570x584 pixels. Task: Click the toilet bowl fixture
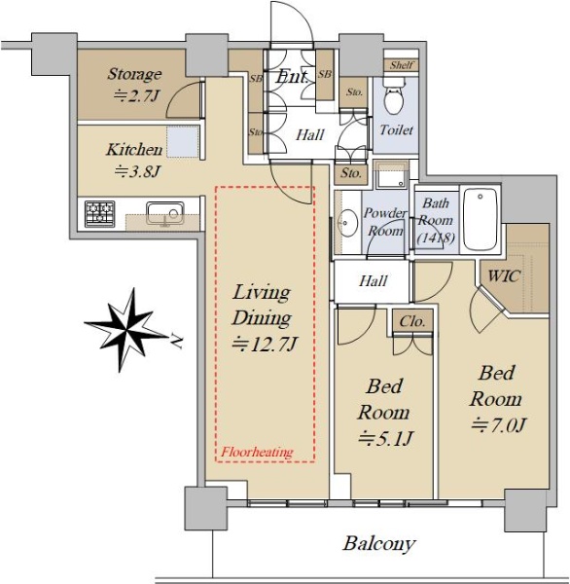click(x=394, y=95)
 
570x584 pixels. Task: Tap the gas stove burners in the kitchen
click(x=100, y=213)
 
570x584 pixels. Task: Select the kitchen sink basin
click(x=165, y=213)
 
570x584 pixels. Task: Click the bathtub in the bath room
click(x=480, y=219)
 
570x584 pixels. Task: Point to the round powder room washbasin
click(x=347, y=224)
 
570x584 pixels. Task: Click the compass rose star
click(x=126, y=330)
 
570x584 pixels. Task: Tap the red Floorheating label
click(x=257, y=453)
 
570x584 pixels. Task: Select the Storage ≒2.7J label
click(x=134, y=85)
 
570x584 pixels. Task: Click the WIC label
click(x=504, y=276)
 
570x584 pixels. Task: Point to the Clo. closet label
click(x=412, y=321)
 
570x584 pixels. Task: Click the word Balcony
click(x=379, y=543)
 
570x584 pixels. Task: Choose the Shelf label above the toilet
click(x=402, y=65)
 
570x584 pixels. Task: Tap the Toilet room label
click(x=397, y=130)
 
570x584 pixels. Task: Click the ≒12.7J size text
click(x=264, y=345)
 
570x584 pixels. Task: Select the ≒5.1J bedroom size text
click(x=385, y=438)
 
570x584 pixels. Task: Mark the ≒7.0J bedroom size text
click(x=499, y=425)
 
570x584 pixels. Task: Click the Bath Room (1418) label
click(x=435, y=220)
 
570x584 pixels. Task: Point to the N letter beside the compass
click(x=176, y=341)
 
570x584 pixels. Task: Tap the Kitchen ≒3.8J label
click(x=135, y=160)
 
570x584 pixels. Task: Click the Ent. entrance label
click(x=292, y=77)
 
